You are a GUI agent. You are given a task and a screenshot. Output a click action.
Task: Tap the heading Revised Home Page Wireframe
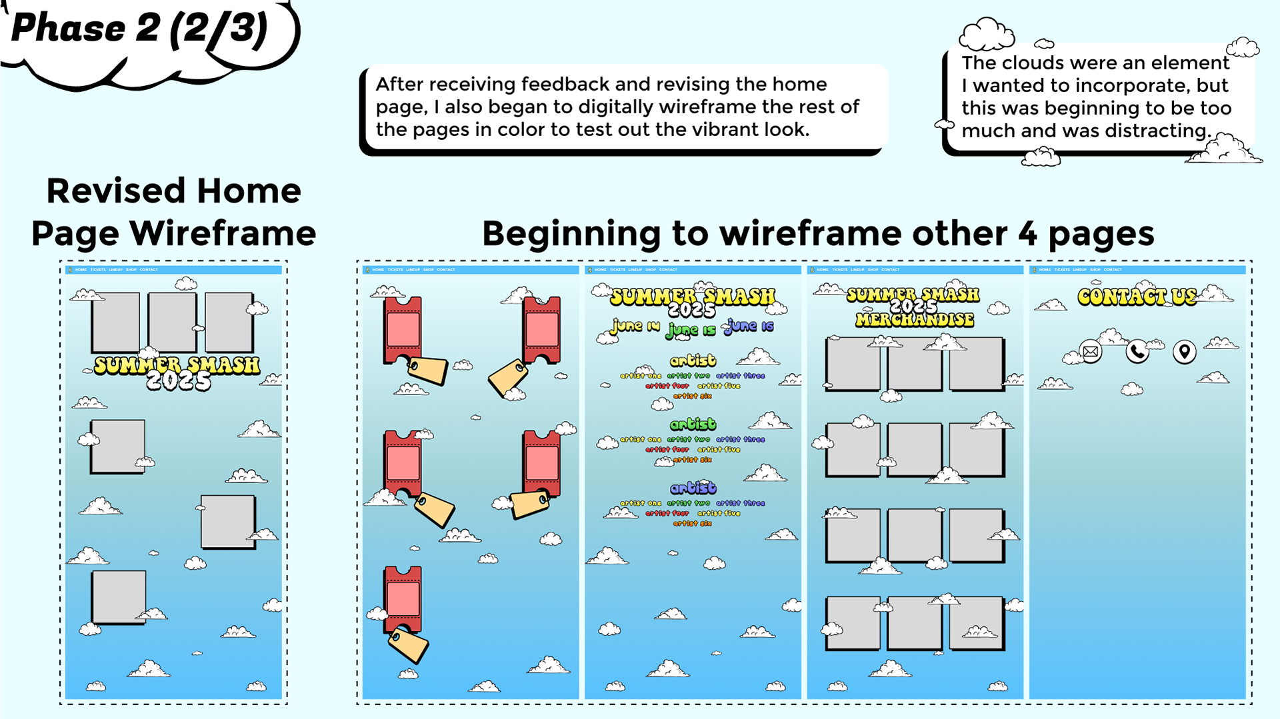173,212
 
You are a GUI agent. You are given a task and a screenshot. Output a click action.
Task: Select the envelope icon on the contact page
1091,351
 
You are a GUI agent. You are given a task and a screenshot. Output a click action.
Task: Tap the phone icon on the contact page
1137,351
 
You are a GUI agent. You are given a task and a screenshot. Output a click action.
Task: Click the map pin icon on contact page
1184,351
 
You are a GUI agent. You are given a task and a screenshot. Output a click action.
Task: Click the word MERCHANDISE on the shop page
915,321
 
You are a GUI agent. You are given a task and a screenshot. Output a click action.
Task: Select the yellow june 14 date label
635,327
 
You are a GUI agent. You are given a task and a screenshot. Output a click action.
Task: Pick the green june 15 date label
691,330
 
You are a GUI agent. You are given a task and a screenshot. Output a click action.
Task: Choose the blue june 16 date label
750,326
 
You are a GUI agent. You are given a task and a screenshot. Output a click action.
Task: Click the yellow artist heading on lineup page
693,360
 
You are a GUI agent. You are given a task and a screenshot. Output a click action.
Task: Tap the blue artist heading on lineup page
693,488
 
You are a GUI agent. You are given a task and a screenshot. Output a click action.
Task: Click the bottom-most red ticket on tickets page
403,598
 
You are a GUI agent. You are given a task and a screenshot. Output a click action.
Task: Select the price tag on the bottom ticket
409,644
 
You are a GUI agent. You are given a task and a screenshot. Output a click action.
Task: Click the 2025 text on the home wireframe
178,381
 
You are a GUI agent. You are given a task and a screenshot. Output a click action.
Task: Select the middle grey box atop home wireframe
172,322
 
